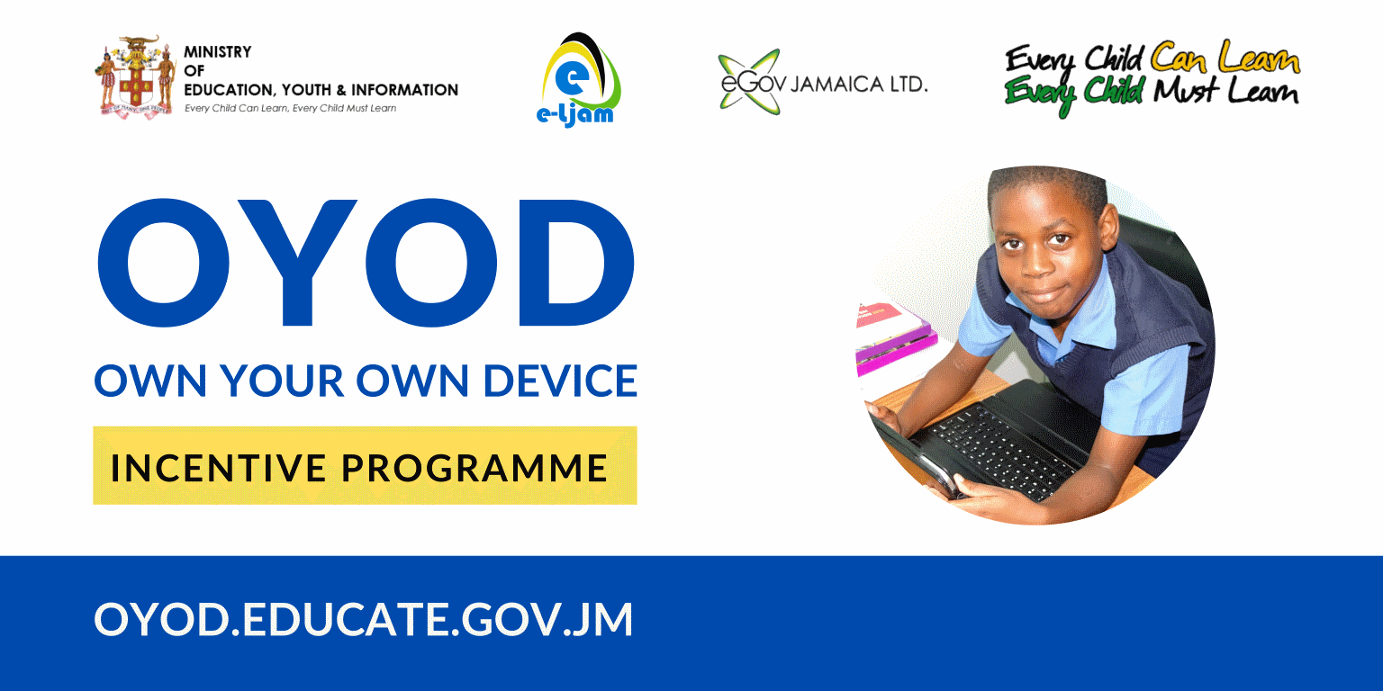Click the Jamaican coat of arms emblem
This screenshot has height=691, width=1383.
point(135,76)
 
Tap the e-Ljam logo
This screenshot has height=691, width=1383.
point(578,79)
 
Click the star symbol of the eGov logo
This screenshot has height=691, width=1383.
point(749,82)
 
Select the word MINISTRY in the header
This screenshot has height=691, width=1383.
point(217,52)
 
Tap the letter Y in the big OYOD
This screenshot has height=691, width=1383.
point(298,262)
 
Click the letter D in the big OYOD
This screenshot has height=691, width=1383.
point(576,262)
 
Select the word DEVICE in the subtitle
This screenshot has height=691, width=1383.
point(560,381)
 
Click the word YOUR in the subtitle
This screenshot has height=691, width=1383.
point(282,381)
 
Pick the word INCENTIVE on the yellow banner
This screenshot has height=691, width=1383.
point(218,468)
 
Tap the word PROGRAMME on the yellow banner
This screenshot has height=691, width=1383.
point(475,468)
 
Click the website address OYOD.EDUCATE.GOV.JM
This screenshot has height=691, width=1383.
point(364,619)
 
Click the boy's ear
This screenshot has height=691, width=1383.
point(1110,227)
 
